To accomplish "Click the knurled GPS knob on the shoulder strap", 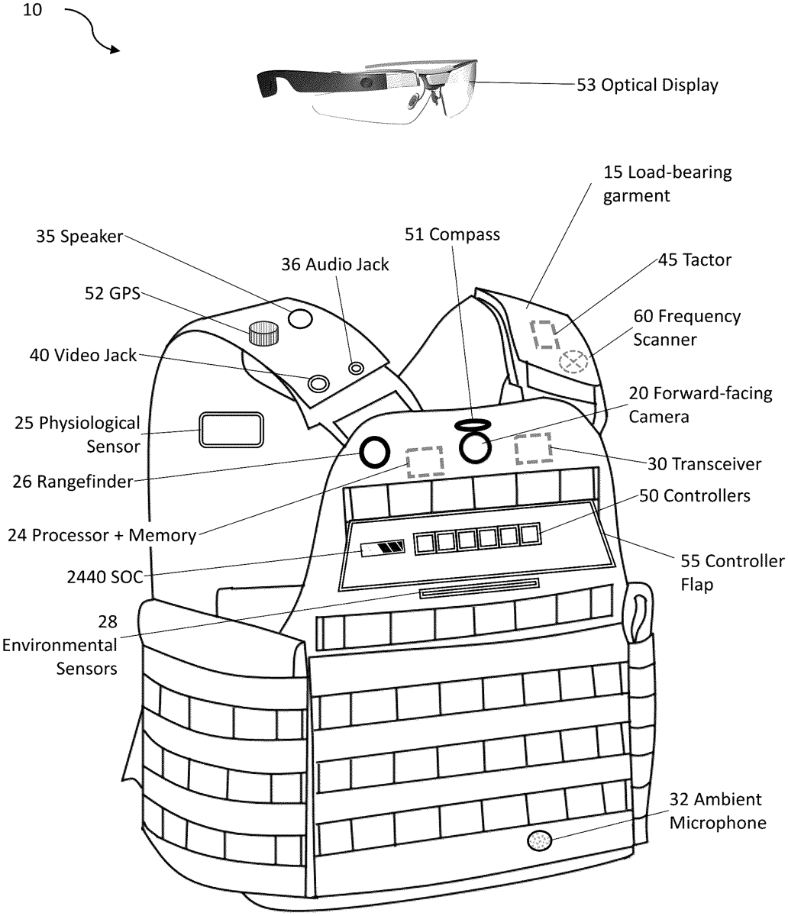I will coord(263,333).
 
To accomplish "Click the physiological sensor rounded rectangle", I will coord(231,431).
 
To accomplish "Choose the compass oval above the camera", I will coord(470,424).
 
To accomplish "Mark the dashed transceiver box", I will coord(533,449).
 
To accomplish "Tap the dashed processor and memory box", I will coord(425,462).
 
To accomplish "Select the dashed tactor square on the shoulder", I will coord(545,334).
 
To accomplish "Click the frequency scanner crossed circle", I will coord(573,361).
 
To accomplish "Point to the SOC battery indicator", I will coord(383,547).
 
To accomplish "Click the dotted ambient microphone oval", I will coord(539,840).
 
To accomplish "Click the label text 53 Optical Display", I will coord(647,85).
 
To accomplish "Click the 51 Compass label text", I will coord(452,234).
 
